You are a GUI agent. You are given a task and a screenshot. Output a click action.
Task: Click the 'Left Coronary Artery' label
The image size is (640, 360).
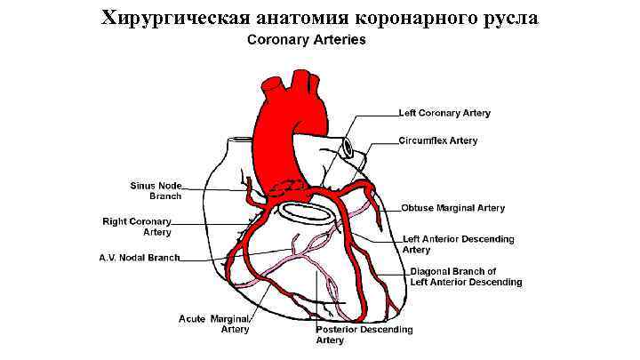click(444, 114)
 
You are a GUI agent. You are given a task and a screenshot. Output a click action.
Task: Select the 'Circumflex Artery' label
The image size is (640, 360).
click(437, 140)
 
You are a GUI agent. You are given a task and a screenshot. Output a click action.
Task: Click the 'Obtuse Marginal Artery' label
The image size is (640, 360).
click(452, 208)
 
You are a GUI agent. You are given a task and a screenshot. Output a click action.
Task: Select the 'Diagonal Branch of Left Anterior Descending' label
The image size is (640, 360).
click(466, 276)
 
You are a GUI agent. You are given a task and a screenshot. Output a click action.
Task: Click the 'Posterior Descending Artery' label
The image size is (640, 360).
click(364, 335)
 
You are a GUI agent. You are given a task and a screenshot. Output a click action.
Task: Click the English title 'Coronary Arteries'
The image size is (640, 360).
click(306, 40)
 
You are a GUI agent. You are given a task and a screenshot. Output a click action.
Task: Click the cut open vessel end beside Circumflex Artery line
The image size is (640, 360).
click(352, 148)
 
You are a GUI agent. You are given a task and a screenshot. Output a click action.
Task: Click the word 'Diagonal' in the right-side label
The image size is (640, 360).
click(430, 271)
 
